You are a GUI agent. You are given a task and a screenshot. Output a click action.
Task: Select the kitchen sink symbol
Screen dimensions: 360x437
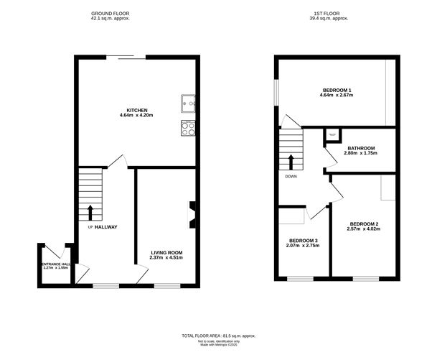189,104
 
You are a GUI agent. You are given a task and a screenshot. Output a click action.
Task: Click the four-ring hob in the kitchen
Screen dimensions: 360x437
189,128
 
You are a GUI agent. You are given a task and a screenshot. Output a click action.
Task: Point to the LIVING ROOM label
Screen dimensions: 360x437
166,252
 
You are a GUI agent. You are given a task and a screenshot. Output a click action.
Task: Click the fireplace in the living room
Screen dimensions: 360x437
192,215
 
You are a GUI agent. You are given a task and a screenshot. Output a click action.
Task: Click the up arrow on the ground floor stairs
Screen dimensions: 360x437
90,211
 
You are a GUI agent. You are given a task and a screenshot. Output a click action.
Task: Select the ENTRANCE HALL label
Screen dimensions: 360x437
55,264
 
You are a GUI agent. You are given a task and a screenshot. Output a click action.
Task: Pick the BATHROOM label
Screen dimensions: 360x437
362,149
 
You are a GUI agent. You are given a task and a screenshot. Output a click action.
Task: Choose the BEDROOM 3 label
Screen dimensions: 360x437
304,240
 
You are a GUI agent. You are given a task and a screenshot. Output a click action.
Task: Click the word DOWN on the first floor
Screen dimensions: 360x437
291,176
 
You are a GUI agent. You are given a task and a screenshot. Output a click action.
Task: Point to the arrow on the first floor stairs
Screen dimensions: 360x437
291,161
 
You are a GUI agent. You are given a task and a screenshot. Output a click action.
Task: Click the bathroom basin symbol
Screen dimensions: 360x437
332,134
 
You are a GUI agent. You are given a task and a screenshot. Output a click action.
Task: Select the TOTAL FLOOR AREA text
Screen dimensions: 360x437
218,336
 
